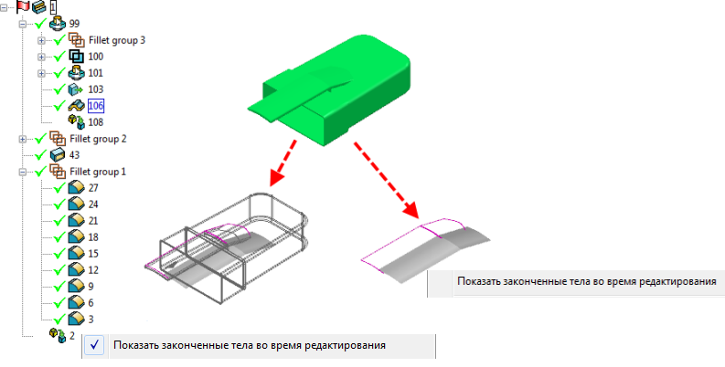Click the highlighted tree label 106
[x=95, y=106]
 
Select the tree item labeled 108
[x=95, y=121]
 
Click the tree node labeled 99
[x=74, y=23]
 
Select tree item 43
[x=75, y=155]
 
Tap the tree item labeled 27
[x=93, y=188]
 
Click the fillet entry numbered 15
[x=93, y=253]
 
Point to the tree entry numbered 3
[x=91, y=319]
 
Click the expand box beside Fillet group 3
[x=41, y=40]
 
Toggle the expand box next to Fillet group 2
[x=23, y=139]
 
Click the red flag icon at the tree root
[x=22, y=6]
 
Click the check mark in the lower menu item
[x=96, y=345]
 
